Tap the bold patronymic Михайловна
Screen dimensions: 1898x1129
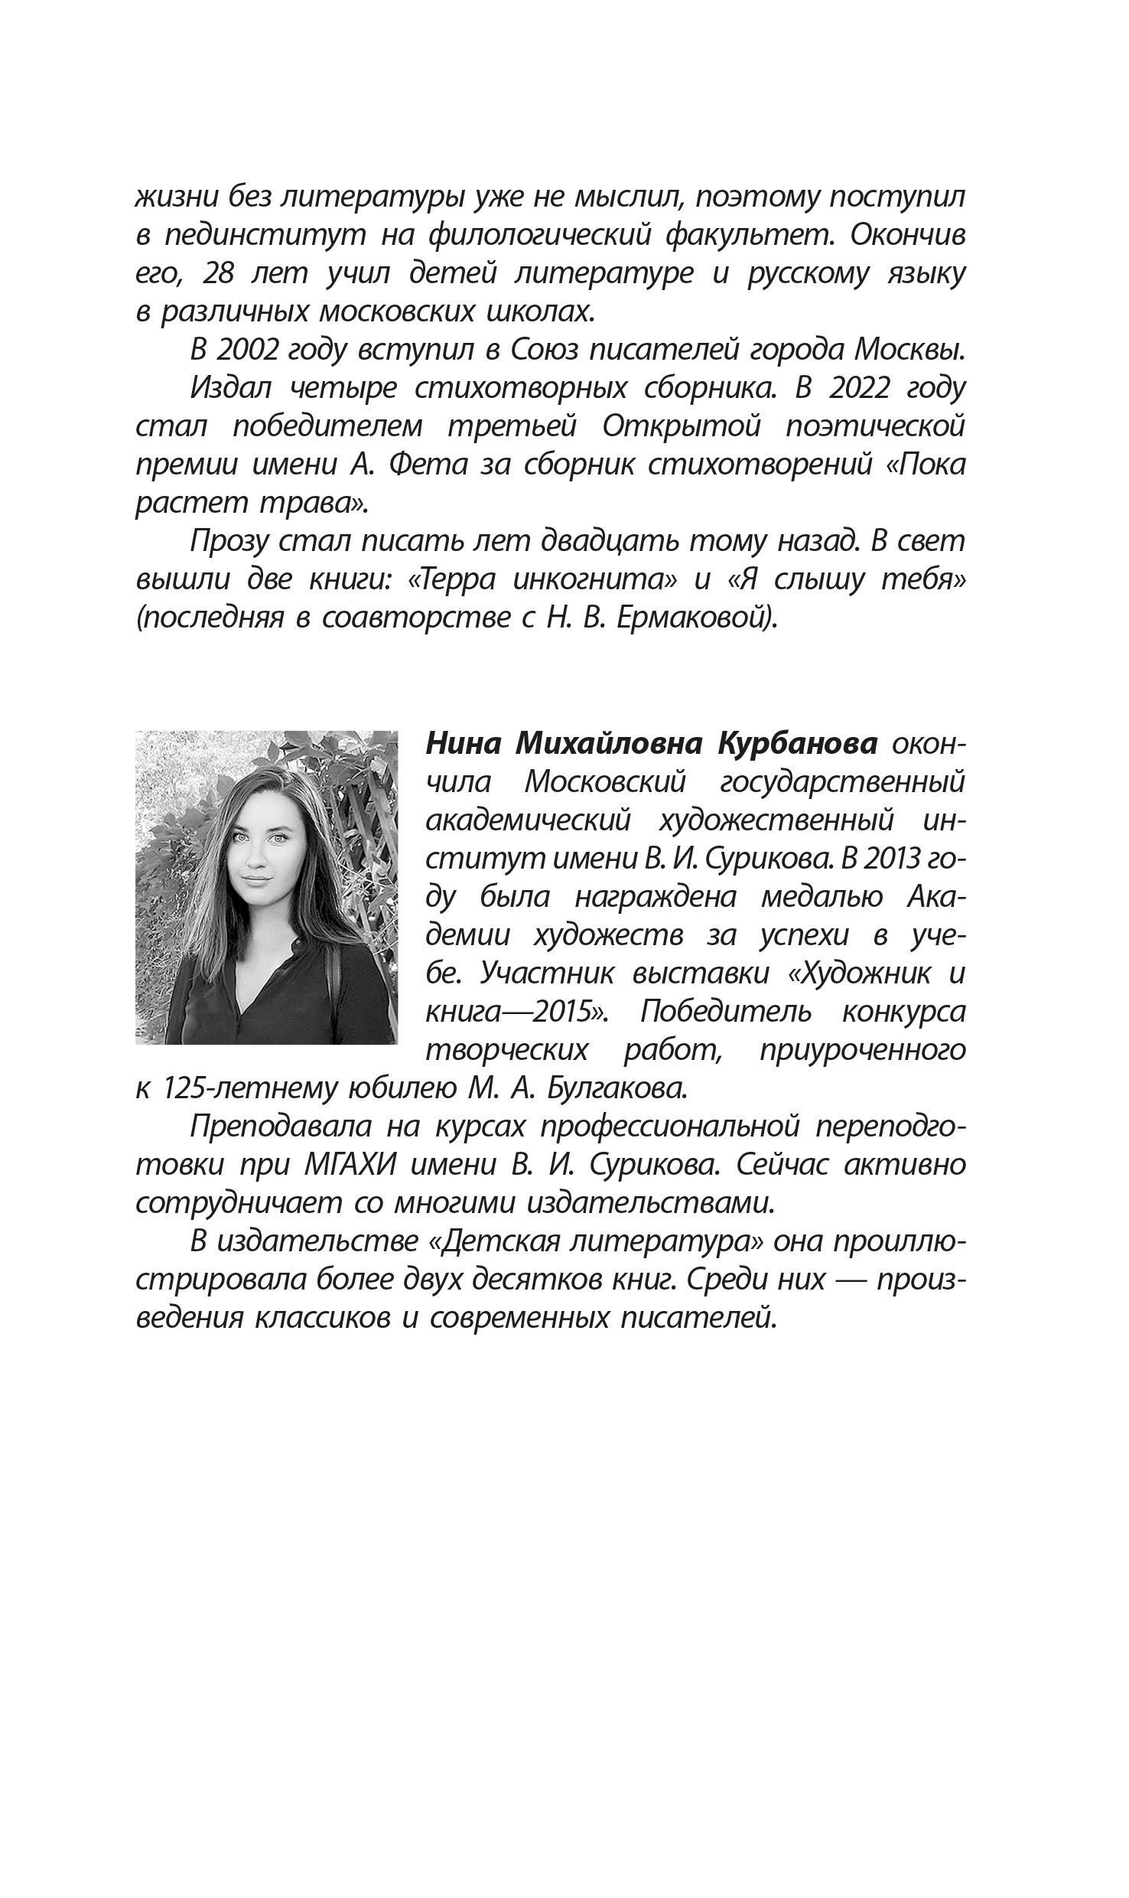pos(607,743)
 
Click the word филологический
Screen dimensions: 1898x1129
pos(540,235)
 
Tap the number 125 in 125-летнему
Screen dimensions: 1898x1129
pos(189,1088)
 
